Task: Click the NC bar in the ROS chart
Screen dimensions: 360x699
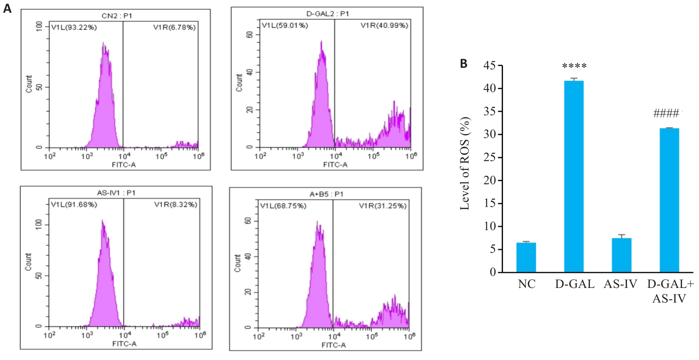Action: [526, 257]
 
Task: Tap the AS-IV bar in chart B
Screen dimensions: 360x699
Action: [621, 255]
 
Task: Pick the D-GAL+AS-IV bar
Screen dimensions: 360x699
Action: [669, 200]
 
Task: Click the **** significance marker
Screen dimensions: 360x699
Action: [574, 66]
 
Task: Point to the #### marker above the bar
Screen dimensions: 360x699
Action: [666, 113]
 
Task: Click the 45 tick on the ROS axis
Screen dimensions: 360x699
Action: [490, 66]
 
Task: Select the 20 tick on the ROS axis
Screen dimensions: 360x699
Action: [490, 180]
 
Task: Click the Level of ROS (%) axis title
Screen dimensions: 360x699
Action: [465, 163]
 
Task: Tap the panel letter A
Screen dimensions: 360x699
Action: [7, 8]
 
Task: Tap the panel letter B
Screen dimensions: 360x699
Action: [464, 64]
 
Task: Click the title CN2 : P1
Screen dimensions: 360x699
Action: [117, 16]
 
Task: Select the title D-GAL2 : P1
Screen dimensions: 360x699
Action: [328, 14]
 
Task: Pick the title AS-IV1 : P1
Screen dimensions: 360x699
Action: [116, 193]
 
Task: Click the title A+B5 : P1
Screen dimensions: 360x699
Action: [326, 194]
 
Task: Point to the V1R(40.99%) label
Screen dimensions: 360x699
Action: [384, 25]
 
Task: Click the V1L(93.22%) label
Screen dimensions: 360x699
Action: [74, 27]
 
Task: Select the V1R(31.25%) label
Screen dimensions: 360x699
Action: [383, 206]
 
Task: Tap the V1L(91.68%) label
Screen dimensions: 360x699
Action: [74, 204]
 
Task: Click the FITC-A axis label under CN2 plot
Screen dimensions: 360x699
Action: [124, 165]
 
